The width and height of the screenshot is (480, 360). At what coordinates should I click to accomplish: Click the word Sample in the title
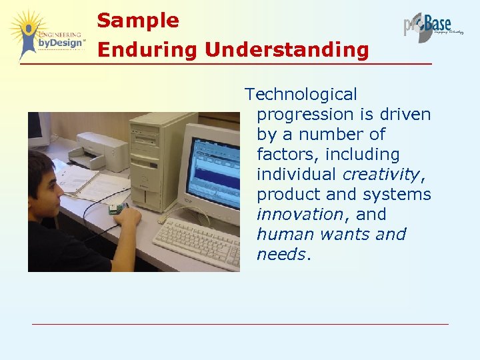138,21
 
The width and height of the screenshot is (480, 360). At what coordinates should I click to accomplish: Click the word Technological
301,95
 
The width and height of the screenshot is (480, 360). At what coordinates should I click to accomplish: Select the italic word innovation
299,215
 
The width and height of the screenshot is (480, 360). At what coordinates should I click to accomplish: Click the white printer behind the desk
100,149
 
